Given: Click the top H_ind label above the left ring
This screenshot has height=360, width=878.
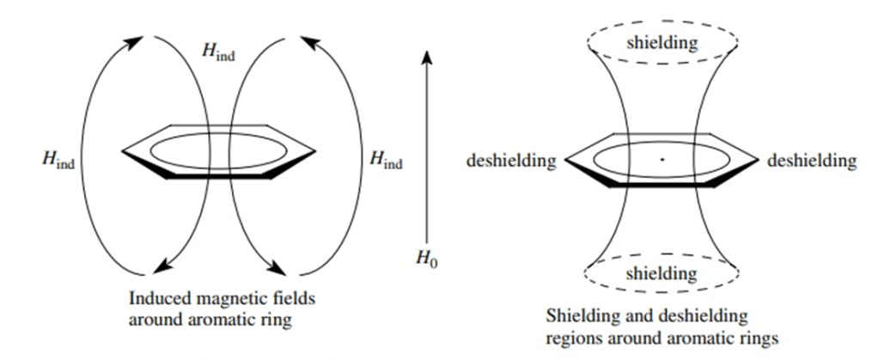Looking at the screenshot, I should [x=218, y=51].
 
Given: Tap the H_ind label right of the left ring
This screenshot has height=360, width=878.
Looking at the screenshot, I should [x=385, y=159].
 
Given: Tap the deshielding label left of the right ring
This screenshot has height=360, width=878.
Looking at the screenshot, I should [x=511, y=161].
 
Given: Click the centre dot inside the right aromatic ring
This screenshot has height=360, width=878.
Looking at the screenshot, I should [x=662, y=159].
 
